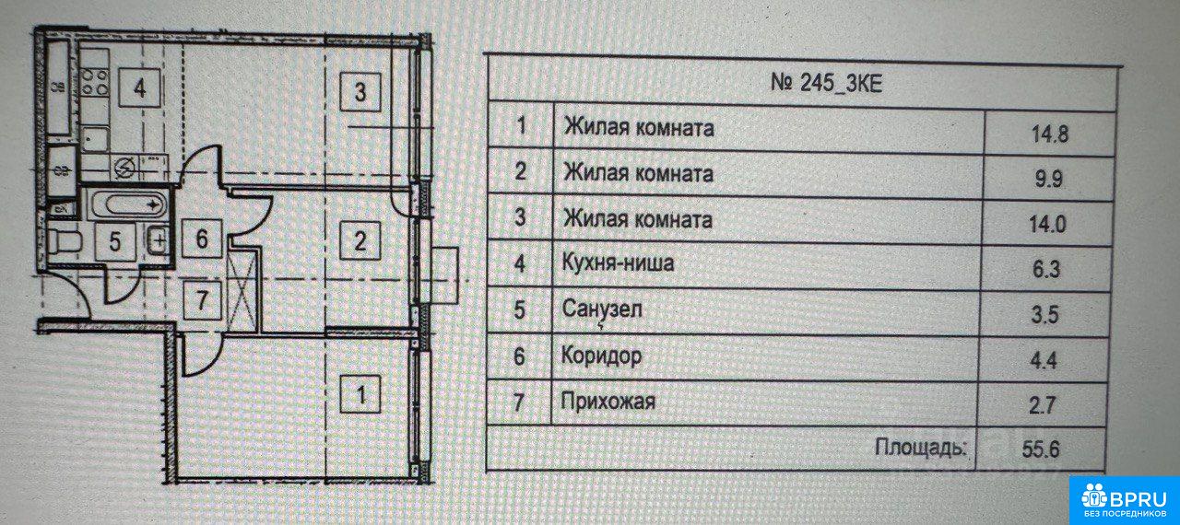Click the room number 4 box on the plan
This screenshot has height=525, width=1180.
(139, 87)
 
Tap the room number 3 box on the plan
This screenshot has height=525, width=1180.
(360, 92)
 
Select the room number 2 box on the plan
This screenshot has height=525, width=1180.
(360, 241)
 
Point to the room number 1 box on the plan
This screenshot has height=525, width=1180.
(360, 393)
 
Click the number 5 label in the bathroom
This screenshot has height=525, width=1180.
(115, 242)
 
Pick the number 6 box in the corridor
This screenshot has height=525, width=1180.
(202, 239)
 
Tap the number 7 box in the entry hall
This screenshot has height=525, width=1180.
(202, 300)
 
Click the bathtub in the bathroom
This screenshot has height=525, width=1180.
(127, 204)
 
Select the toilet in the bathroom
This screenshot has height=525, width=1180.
(65, 242)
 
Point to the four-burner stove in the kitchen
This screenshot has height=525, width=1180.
(95, 83)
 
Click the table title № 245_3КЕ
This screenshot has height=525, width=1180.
(826, 84)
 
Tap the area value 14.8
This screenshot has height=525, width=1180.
(1050, 134)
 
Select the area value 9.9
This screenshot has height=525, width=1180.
(1049, 180)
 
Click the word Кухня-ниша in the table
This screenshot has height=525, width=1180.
(618, 262)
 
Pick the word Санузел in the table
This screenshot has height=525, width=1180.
(602, 309)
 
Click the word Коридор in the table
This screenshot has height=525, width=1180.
(601, 356)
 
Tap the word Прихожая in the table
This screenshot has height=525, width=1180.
(608, 402)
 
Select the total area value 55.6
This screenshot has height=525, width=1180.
(1041, 449)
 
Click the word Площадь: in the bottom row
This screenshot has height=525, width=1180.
(921, 449)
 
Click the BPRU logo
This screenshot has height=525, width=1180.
(1124, 500)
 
